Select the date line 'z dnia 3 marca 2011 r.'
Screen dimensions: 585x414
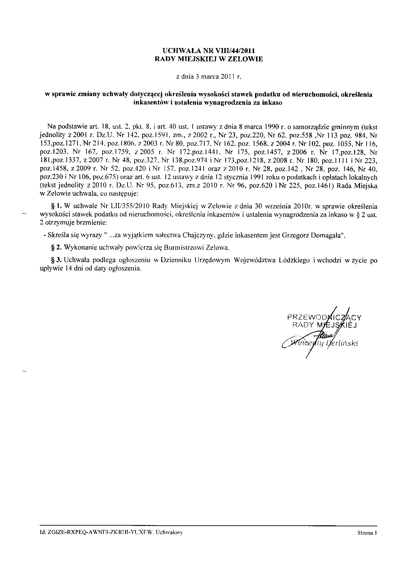tap(208, 77)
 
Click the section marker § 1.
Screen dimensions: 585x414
tap(55, 206)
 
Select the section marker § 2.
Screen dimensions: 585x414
tap(55, 247)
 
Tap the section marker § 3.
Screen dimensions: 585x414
tap(55, 260)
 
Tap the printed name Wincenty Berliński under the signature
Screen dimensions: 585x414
tap(324, 344)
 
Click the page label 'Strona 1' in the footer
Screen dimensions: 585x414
tap(367, 533)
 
